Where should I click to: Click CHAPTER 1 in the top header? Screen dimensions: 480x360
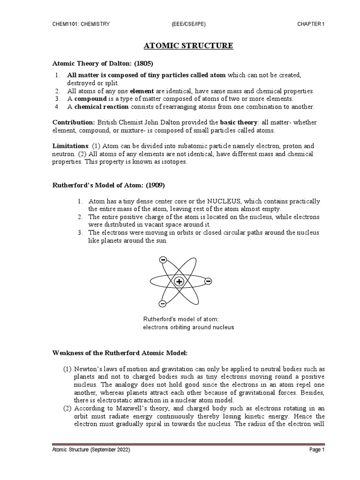click(x=311, y=24)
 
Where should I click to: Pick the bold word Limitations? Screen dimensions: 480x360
click(x=70, y=146)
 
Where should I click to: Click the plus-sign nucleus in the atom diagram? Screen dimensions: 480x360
click(x=179, y=282)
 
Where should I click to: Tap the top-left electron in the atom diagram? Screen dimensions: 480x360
click(x=163, y=260)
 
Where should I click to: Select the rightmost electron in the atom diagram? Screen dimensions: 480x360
click(x=208, y=281)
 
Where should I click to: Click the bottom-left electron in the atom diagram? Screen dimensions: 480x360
click(x=162, y=303)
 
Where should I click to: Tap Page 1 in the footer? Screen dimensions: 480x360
click(x=316, y=450)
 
